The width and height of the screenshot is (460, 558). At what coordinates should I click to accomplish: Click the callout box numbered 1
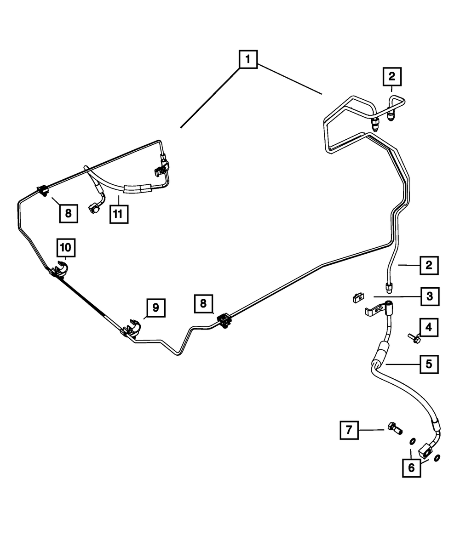click(247, 59)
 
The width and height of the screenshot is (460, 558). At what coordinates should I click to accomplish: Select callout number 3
click(429, 296)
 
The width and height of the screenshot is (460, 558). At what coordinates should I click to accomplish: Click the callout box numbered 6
click(411, 468)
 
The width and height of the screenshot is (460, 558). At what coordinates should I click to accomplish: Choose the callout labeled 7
click(349, 430)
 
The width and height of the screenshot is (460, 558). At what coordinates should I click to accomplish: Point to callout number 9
click(155, 307)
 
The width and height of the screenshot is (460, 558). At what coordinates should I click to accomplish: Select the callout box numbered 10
click(65, 248)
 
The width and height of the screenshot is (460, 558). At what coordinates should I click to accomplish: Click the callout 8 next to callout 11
click(68, 213)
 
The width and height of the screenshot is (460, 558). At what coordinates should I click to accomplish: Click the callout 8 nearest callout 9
click(203, 304)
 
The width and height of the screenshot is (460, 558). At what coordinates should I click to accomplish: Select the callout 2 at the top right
click(392, 76)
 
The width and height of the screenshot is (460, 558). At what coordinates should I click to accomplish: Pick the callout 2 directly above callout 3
click(429, 265)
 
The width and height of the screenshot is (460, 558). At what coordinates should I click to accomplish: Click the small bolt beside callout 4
click(412, 339)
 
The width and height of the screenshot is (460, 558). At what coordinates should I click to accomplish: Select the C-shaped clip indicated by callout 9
click(135, 326)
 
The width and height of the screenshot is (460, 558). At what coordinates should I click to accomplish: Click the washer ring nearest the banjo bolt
click(413, 442)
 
